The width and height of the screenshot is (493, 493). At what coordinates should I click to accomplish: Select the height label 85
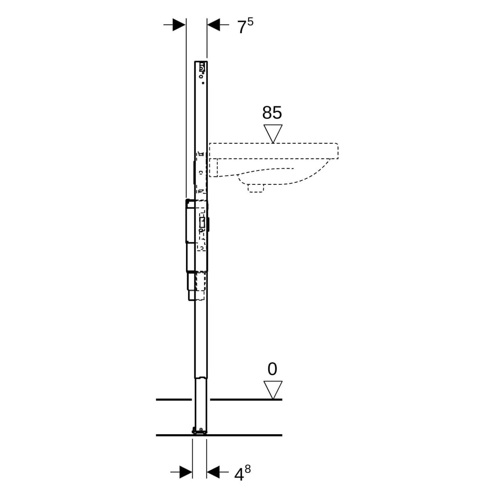(272, 113)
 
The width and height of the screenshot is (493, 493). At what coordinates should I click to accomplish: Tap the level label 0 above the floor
(272, 369)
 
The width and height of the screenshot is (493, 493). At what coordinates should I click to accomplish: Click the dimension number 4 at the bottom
(239, 475)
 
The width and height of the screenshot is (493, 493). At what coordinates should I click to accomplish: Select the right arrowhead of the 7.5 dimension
(213, 24)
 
